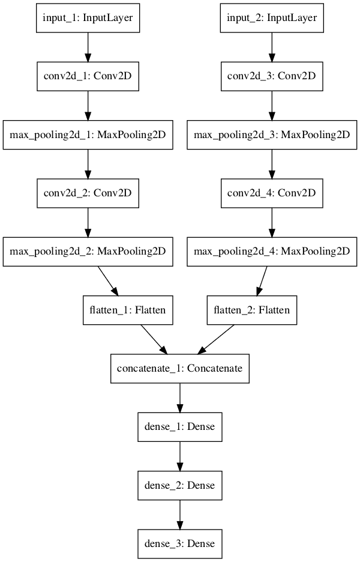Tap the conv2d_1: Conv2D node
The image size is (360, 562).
coord(88,77)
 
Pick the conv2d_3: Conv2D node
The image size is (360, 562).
coord(271,77)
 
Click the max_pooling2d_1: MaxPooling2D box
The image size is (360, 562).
coord(88,135)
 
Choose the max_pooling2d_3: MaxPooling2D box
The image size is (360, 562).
coord(271,135)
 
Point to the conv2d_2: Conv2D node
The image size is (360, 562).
coord(88,193)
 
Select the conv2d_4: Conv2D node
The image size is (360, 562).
coord(271,193)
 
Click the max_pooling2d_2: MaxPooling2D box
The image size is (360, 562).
coord(88,252)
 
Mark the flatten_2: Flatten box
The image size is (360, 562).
coord(252,310)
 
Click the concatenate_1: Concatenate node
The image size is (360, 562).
coord(179,369)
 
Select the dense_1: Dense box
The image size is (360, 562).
coord(179,427)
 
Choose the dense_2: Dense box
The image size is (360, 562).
coord(179,485)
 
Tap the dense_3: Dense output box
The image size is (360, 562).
coord(179,543)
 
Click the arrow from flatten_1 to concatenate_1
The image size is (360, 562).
coord(153,339)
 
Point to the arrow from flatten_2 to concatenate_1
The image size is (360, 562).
coord(217,339)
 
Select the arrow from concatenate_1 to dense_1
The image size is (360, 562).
coord(179,397)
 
